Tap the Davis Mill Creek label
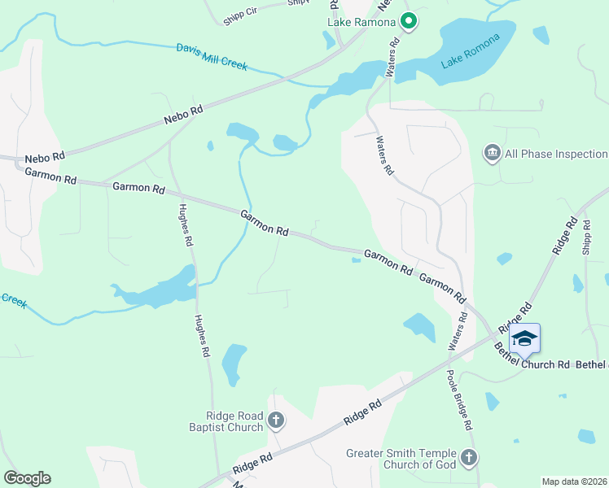(x=212, y=57)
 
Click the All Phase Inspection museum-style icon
(x=492, y=153)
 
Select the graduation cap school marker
(x=525, y=339)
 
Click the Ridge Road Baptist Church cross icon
(x=276, y=420)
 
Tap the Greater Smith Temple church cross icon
(x=468, y=459)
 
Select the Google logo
(x=27, y=478)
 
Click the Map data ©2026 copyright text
(x=574, y=481)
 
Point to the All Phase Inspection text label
(x=556, y=154)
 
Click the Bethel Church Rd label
(x=531, y=364)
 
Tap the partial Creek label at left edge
(x=13, y=300)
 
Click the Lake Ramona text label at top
(x=362, y=22)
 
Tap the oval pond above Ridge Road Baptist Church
(x=234, y=364)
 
